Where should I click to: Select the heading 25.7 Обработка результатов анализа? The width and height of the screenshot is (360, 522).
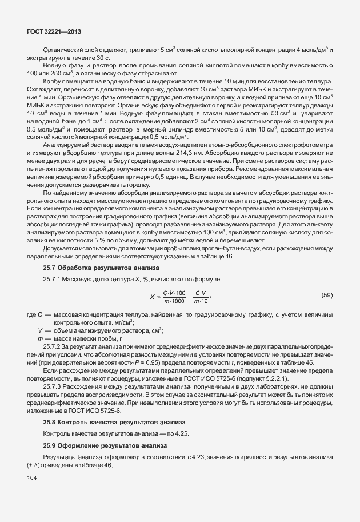pos(102,268)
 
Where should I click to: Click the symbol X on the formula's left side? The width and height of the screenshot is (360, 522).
pos(152,297)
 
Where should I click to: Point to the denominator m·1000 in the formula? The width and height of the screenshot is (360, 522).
pos(175,301)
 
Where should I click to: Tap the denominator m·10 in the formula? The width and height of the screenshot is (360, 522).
pos(199,301)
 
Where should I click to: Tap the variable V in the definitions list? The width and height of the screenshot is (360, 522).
pos(41,330)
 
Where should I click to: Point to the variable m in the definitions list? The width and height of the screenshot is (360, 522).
pos(41,339)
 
